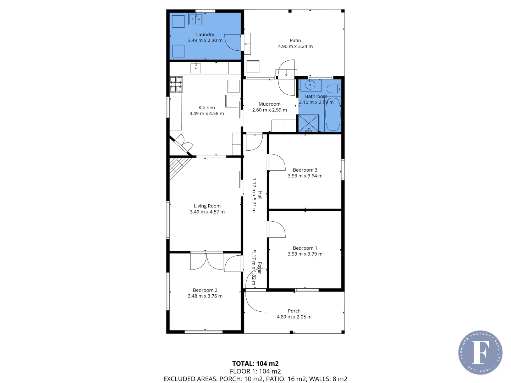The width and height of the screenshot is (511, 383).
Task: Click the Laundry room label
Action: (x=205, y=34)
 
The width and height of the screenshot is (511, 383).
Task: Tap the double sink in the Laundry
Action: (x=196, y=19)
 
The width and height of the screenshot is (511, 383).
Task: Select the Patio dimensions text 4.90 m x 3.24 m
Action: (x=295, y=46)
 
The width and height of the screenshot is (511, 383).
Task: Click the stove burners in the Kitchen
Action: (x=176, y=84)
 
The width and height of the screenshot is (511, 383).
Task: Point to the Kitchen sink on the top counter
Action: (x=196, y=68)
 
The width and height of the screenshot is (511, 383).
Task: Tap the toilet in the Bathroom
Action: (x=334, y=89)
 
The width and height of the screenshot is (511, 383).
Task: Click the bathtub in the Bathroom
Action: (x=333, y=114)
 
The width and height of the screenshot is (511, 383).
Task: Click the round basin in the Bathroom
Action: (x=311, y=85)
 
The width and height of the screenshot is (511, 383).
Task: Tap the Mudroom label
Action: (x=269, y=104)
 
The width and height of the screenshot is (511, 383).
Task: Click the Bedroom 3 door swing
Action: (x=277, y=162)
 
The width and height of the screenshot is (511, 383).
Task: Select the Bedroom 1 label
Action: (x=305, y=248)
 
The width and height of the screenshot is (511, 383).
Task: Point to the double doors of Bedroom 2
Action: (x=207, y=261)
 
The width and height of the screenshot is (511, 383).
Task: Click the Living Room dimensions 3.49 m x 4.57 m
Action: (x=207, y=212)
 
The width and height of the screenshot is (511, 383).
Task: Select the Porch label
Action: (x=294, y=311)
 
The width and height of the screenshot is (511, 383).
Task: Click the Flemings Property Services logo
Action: (x=480, y=353)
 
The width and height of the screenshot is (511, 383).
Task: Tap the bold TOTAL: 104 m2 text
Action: (x=255, y=363)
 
